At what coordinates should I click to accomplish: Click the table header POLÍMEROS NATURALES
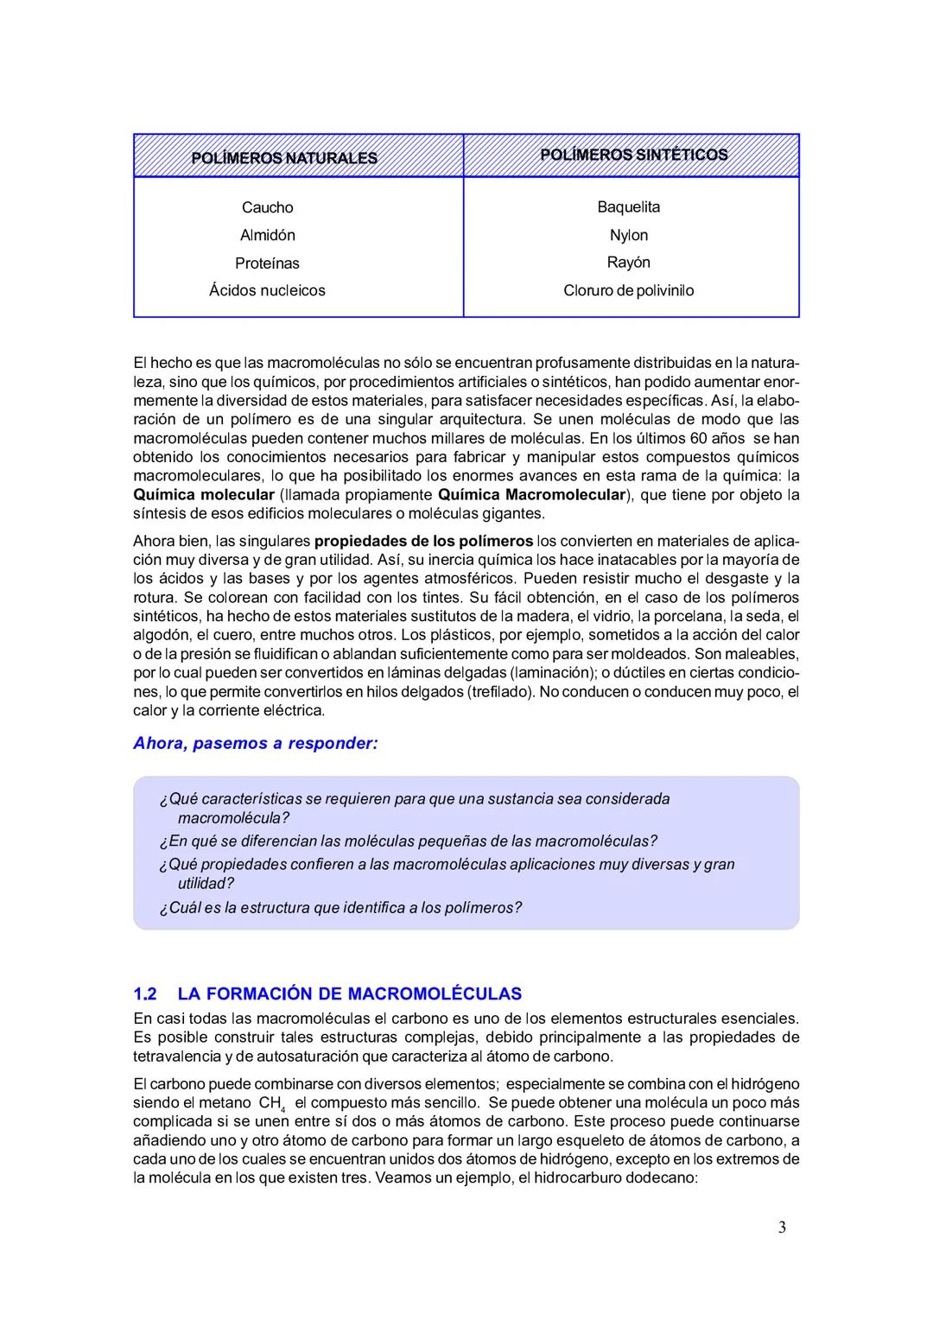(x=283, y=158)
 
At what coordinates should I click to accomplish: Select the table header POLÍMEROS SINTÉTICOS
(x=633, y=155)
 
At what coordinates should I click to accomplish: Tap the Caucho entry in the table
(x=267, y=207)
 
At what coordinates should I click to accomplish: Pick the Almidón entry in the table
(x=267, y=235)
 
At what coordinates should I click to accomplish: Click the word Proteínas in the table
(x=267, y=263)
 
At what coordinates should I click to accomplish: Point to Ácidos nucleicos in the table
(x=267, y=290)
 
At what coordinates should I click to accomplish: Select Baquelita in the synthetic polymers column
(x=628, y=206)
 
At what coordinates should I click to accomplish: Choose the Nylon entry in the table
(x=628, y=235)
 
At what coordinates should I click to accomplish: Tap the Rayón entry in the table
(x=628, y=262)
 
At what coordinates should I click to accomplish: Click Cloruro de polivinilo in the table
(x=628, y=290)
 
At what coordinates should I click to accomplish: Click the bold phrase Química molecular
(x=203, y=495)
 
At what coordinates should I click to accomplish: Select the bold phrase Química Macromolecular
(x=530, y=495)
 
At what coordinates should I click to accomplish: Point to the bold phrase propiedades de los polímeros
(x=423, y=541)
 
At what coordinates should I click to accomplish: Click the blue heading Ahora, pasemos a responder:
(x=255, y=743)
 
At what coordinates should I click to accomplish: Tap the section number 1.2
(x=144, y=993)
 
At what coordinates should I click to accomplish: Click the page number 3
(x=782, y=1228)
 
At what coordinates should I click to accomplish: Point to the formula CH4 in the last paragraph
(x=271, y=1104)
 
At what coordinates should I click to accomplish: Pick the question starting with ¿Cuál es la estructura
(x=340, y=908)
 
